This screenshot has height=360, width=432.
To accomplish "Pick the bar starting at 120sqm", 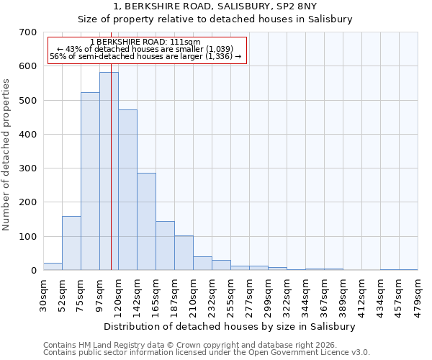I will pyautogui.click(x=127, y=190).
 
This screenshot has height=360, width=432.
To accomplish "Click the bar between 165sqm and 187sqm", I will pyautogui.click(x=165, y=246).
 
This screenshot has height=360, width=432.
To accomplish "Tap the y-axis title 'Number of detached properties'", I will pyautogui.click(x=6, y=155).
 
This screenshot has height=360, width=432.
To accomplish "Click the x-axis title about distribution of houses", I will pyautogui.click(x=230, y=326).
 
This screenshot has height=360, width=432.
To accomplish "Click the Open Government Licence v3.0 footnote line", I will pyautogui.click(x=206, y=353).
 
